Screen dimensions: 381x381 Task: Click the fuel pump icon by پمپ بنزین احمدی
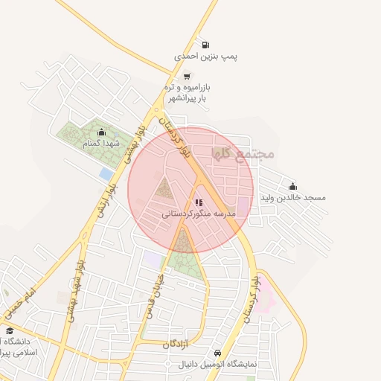(205, 43)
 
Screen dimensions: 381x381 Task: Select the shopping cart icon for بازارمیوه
(186, 76)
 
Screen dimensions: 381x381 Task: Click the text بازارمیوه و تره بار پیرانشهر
(189, 92)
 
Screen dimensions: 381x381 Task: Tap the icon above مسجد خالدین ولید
(292, 186)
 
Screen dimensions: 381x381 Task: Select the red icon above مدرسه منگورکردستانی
(198, 202)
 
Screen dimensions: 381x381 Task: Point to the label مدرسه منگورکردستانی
(199, 214)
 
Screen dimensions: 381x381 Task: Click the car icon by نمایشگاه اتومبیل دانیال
(217, 353)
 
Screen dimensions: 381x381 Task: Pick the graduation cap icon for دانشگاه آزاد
(10, 330)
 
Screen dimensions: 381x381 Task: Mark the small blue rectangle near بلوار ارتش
(106, 173)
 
